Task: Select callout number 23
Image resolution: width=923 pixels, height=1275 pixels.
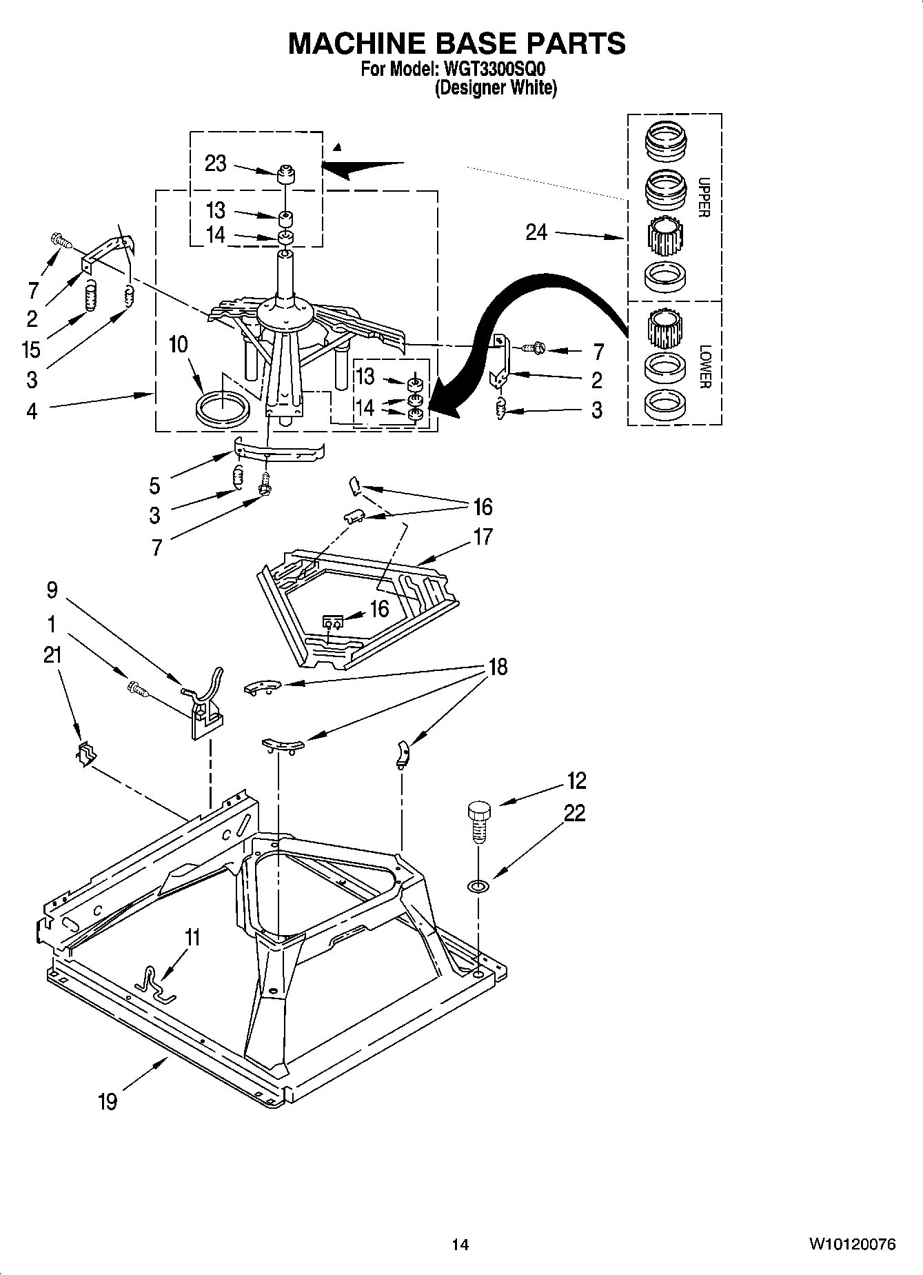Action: tap(215, 163)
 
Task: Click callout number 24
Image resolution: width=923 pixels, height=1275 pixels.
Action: tap(536, 232)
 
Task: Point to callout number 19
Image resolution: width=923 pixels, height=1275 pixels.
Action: tap(108, 1101)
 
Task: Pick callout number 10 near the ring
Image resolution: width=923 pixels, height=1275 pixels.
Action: tap(178, 344)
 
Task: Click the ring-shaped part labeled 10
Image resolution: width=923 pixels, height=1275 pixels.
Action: tap(223, 410)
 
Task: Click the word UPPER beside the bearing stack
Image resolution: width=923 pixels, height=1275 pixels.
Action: tap(703, 198)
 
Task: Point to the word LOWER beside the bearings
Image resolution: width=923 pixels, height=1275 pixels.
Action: tap(703, 366)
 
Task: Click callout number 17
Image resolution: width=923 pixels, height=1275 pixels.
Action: tap(483, 536)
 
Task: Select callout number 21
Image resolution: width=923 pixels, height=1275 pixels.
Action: tap(52, 655)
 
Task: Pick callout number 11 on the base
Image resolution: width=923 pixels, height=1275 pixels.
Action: tap(192, 937)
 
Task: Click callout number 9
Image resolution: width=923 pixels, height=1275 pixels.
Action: tap(52, 590)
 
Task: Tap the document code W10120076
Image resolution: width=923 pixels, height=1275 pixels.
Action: tap(852, 1244)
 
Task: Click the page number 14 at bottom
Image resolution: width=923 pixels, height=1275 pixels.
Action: tap(460, 1245)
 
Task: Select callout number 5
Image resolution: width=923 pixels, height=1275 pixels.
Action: tap(154, 485)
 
